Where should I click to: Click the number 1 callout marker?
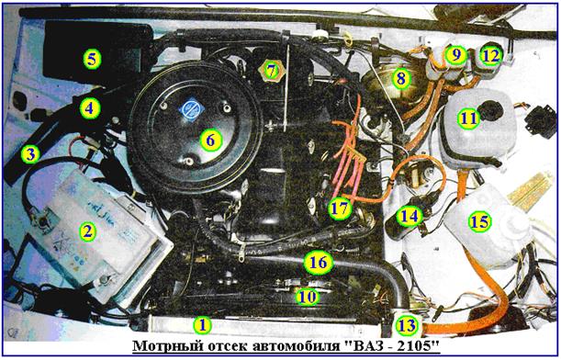tap(203, 325)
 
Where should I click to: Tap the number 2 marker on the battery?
tap(87, 231)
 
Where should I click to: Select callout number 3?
tap(30, 154)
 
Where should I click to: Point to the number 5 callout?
tap(93, 59)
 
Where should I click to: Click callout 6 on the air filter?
tap(211, 140)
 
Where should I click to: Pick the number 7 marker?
tap(272, 72)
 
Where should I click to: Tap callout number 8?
tap(401, 78)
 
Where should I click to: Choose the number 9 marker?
tap(455, 55)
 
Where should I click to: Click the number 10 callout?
tap(309, 297)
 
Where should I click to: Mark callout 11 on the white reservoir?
tap(468, 118)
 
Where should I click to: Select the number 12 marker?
tap(491, 56)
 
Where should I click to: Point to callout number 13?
tap(407, 326)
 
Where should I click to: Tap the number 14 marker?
tap(410, 216)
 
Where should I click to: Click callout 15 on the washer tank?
tap(480, 221)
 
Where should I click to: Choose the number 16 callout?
tap(318, 263)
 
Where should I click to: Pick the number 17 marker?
tap(340, 208)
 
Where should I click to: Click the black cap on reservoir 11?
tap(491, 112)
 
